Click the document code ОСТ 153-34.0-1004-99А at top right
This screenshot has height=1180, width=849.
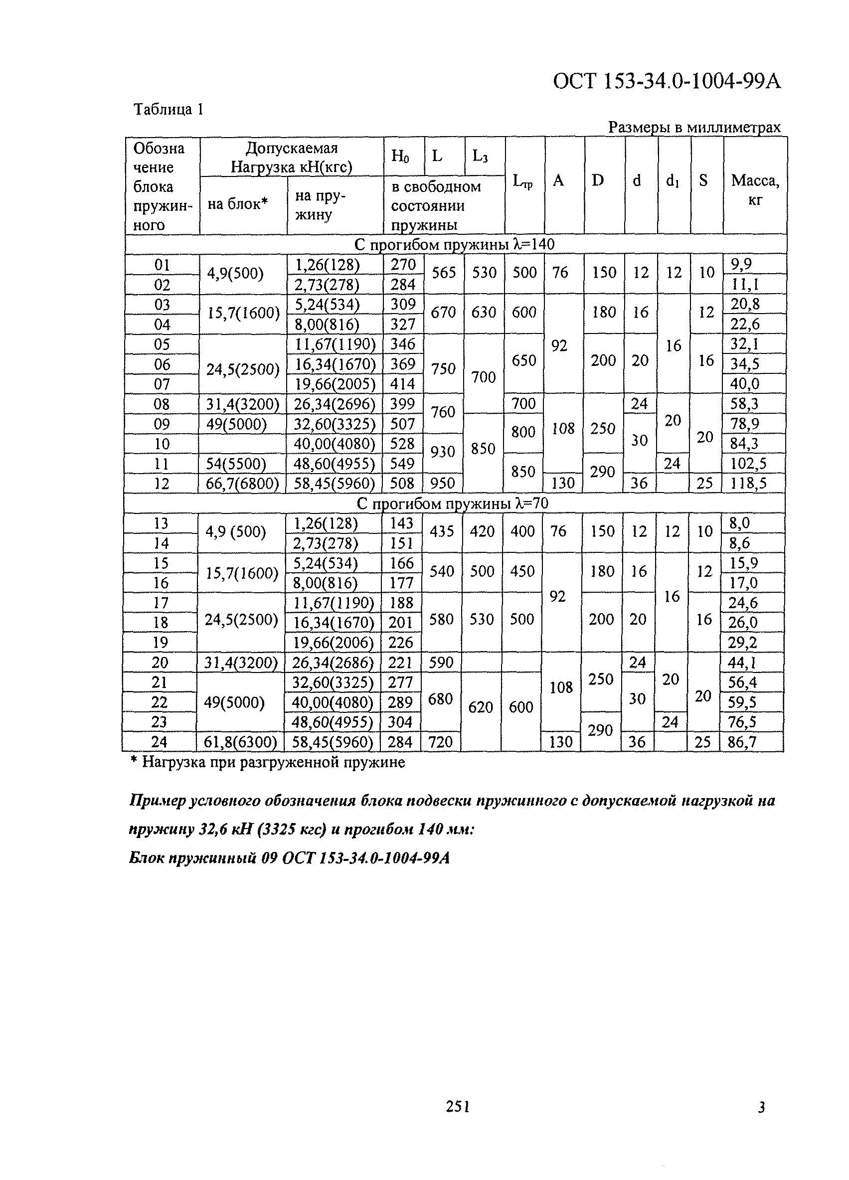pos(667,82)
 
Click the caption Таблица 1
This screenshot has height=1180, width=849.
pos(168,109)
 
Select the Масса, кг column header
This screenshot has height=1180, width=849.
pos(754,189)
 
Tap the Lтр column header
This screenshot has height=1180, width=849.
pos(523,181)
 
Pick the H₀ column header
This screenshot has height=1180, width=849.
pos(400,156)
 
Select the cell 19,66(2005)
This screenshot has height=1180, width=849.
pos(335,384)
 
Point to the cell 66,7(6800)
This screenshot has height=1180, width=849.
pos(242,484)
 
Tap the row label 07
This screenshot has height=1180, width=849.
pos(162,384)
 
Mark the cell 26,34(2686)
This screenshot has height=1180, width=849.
pos(333,663)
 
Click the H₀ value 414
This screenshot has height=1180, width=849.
pos(403,384)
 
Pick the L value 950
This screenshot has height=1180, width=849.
pos(442,484)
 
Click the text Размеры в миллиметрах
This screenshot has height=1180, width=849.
pos(694,127)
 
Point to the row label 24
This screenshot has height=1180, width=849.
pos(159,742)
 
